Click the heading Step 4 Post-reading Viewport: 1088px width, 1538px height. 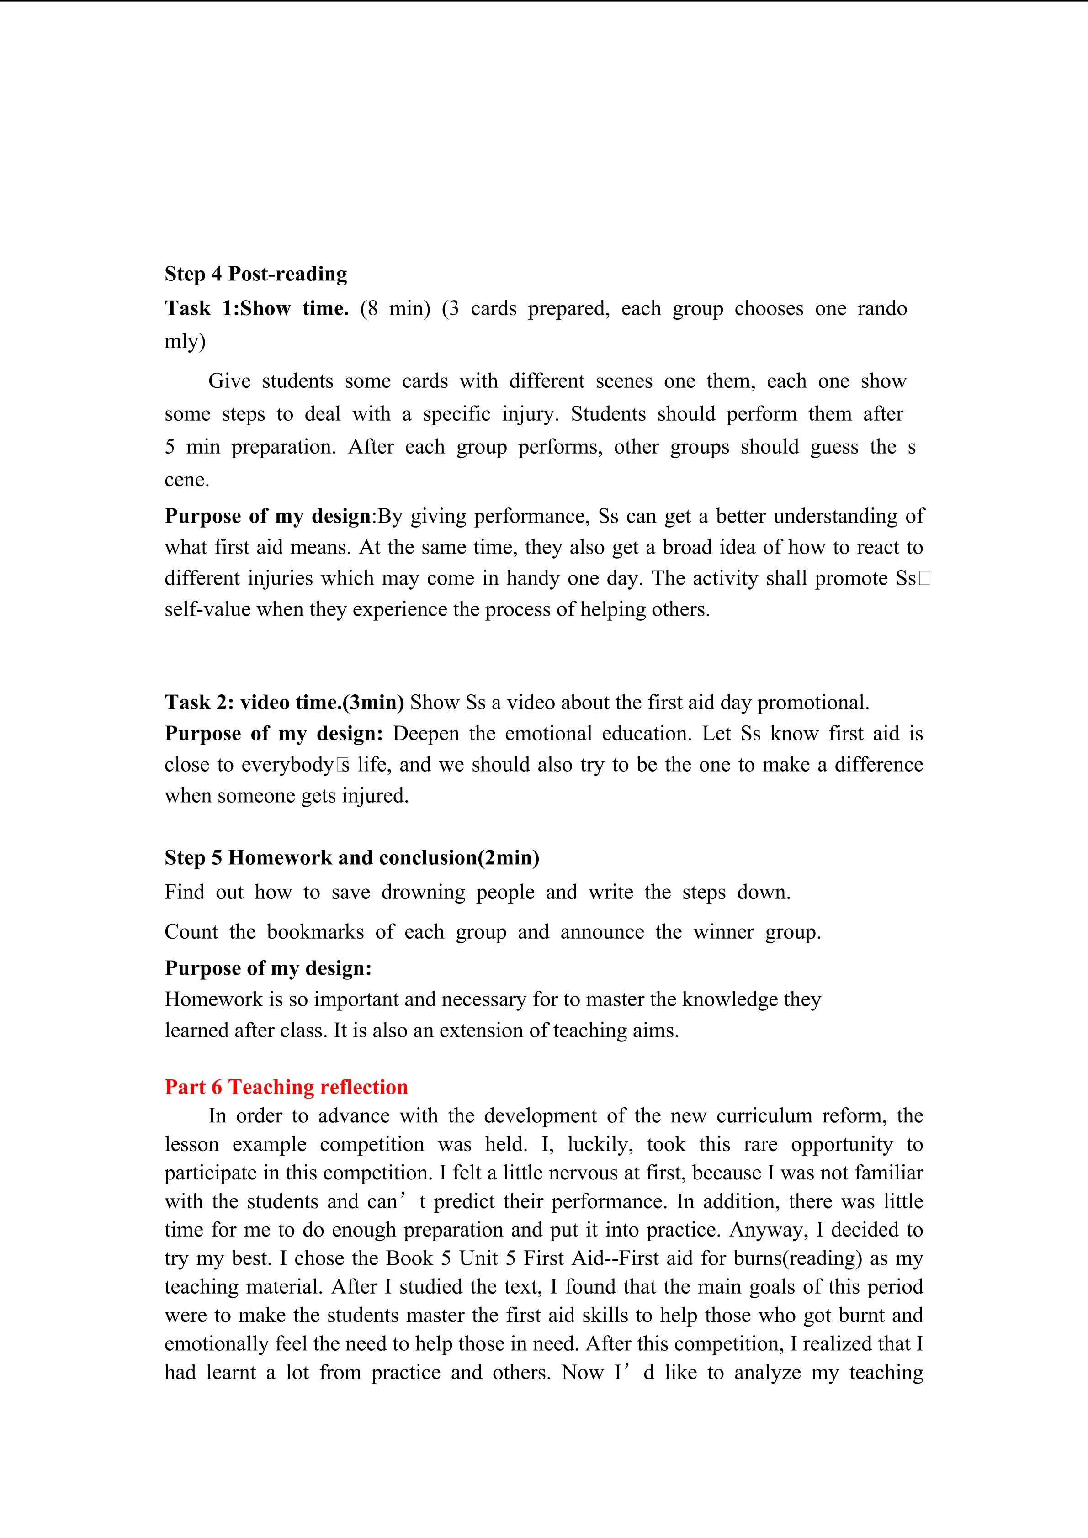click(256, 274)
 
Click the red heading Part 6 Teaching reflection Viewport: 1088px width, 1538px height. click(286, 1087)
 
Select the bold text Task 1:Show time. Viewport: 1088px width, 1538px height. click(257, 308)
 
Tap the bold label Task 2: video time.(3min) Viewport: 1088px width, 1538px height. click(284, 702)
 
